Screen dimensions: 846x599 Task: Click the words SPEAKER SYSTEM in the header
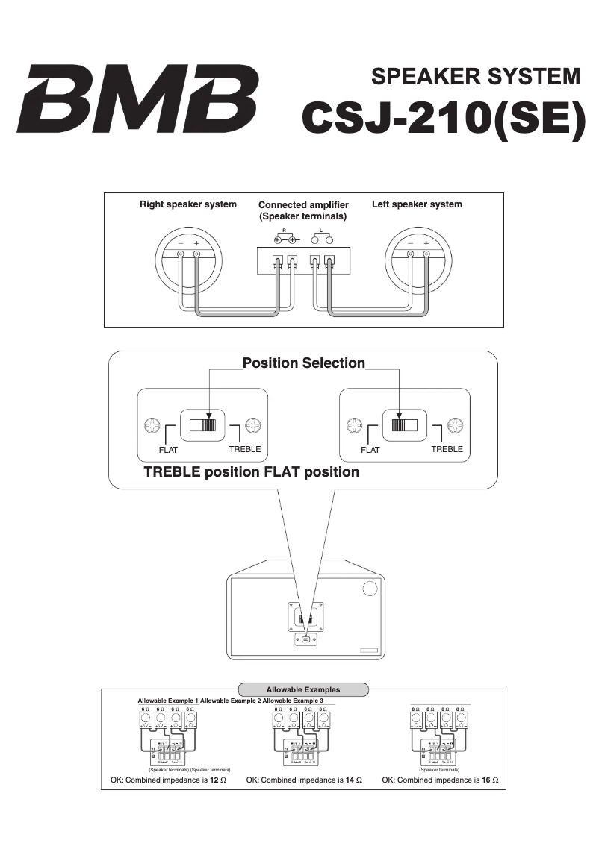pyautogui.click(x=475, y=77)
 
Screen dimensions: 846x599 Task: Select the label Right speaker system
pyautogui.click(x=188, y=204)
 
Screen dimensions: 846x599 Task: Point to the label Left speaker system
pyautogui.click(x=417, y=204)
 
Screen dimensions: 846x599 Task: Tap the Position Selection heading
pyautogui.click(x=304, y=363)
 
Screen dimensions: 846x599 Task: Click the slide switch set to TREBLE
pyautogui.click(x=202, y=426)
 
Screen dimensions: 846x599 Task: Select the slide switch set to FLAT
pyautogui.click(x=404, y=426)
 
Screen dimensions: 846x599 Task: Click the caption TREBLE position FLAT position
pyautogui.click(x=251, y=472)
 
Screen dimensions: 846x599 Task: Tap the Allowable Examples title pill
pyautogui.click(x=303, y=689)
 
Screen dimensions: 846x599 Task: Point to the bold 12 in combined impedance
pyautogui.click(x=215, y=780)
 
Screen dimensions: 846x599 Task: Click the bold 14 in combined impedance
pyautogui.click(x=350, y=780)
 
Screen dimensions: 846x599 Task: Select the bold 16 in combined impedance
pyautogui.click(x=486, y=780)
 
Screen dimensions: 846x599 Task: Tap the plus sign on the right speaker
pyautogui.click(x=196, y=243)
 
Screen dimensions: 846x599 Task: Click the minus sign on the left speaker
pyautogui.click(x=410, y=243)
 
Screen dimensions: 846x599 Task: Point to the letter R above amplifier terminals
pyautogui.click(x=285, y=231)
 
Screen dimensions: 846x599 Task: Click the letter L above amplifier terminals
pyautogui.click(x=320, y=231)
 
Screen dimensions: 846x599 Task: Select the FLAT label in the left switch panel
pyautogui.click(x=168, y=450)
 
